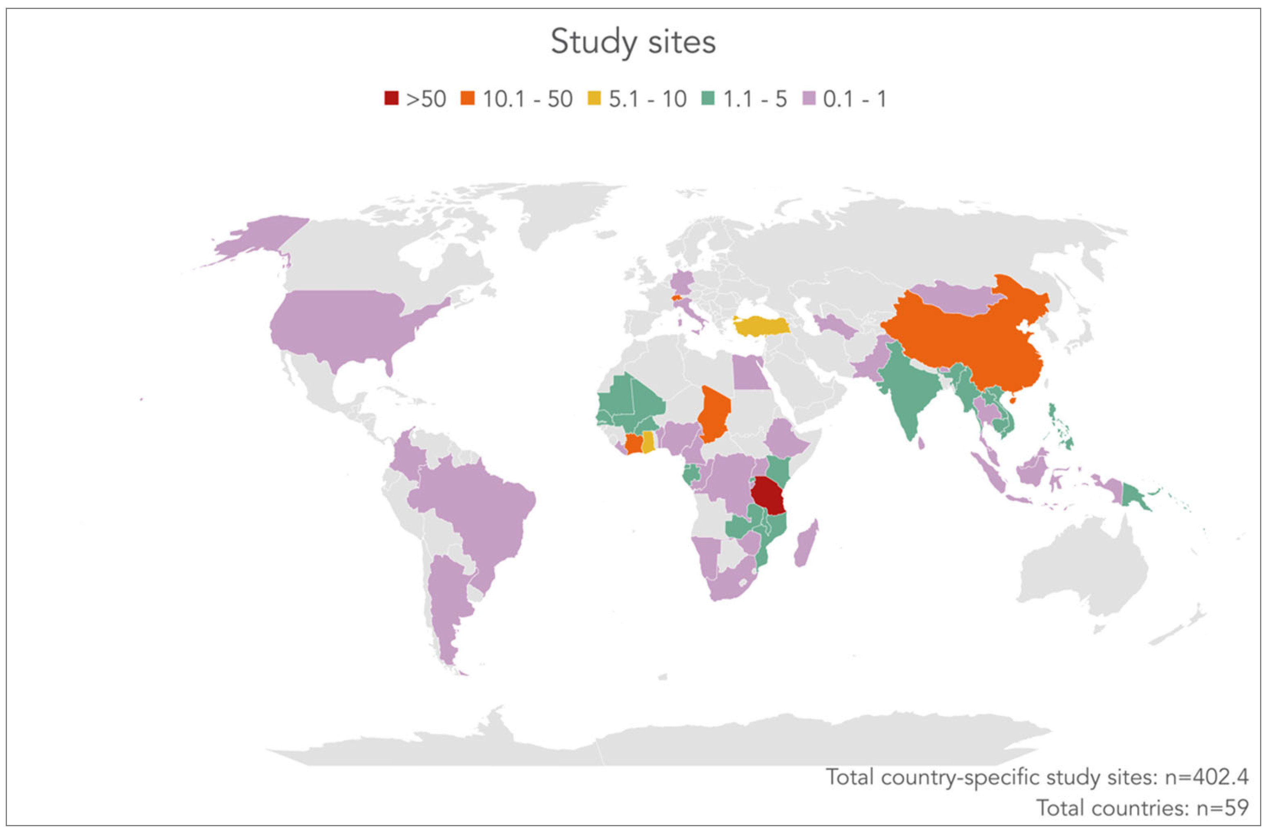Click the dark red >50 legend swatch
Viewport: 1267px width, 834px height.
(x=391, y=98)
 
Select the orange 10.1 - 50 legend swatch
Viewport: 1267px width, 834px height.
(x=467, y=98)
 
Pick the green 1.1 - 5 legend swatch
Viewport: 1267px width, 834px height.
(x=708, y=98)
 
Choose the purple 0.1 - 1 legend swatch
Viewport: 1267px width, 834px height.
(x=809, y=98)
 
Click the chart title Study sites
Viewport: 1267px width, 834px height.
(x=633, y=42)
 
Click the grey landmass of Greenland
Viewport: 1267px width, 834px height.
(x=559, y=213)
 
